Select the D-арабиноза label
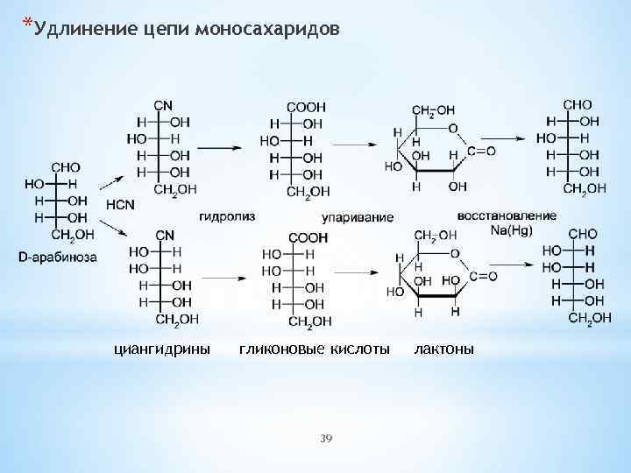coord(58,257)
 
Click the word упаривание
coord(358,216)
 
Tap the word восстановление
coord(507,215)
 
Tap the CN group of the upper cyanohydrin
coord(163,106)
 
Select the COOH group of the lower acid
coord(308,237)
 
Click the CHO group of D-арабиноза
coord(66,166)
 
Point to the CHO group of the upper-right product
coord(578,104)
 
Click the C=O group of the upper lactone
coord(481,151)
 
